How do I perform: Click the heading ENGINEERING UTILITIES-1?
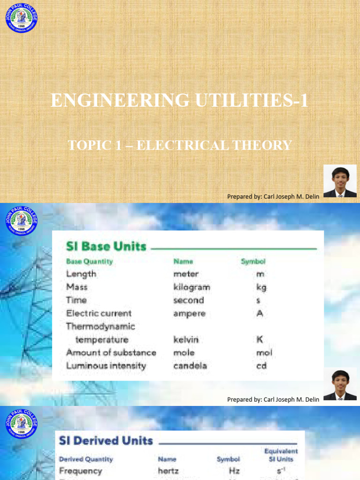tap(180, 100)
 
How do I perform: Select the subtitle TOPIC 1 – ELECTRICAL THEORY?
tap(180, 145)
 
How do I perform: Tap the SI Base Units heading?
tap(106, 247)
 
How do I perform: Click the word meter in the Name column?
tap(186, 274)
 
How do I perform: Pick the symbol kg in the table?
tap(262, 287)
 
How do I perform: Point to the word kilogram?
tap(192, 287)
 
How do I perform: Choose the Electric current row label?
tap(99, 313)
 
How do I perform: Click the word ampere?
tap(189, 313)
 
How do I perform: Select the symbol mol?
tap(264, 352)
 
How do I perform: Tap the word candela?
tap(190, 366)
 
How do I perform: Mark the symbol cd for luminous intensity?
tap(261, 366)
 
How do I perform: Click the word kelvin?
tap(186, 339)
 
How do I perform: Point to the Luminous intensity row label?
tap(106, 366)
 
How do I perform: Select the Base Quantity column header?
tap(90, 262)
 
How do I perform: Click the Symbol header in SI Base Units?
tap(253, 262)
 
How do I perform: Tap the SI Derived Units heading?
tap(106, 441)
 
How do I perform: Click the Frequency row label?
tap(81, 471)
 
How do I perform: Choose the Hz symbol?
tap(235, 471)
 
